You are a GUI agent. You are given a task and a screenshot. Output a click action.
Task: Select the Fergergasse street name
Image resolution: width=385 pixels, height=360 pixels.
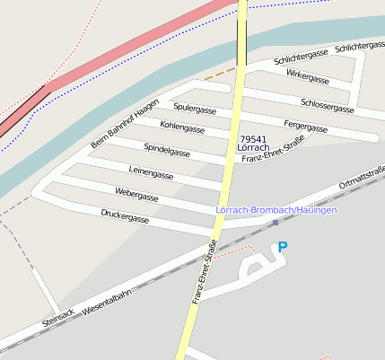click(x=305, y=123)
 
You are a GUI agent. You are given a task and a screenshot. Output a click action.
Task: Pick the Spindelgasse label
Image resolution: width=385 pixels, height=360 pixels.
click(x=167, y=148)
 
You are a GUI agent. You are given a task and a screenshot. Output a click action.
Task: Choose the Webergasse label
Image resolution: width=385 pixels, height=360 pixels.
click(x=136, y=194)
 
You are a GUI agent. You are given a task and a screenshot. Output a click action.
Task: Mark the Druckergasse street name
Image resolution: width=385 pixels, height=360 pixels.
click(x=125, y=215)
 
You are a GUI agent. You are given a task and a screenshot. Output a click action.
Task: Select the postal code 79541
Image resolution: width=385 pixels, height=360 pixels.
click(x=253, y=139)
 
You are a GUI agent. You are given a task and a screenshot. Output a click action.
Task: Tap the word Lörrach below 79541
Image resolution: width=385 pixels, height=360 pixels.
click(x=253, y=148)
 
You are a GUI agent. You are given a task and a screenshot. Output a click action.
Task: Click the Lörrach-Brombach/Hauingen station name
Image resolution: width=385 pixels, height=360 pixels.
click(x=276, y=209)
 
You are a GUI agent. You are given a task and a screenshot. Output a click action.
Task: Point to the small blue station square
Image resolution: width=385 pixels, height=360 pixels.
click(x=276, y=222)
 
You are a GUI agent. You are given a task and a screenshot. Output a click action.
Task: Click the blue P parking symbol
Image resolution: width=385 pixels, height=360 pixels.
click(x=283, y=247)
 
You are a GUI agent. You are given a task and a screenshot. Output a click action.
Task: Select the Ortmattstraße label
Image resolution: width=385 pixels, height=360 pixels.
click(x=362, y=178)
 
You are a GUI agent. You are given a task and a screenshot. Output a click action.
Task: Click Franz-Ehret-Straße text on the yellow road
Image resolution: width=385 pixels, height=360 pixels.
click(x=204, y=272)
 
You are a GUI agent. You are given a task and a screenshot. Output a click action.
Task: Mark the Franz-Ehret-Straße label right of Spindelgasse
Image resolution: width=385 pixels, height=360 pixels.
click(x=274, y=148)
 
